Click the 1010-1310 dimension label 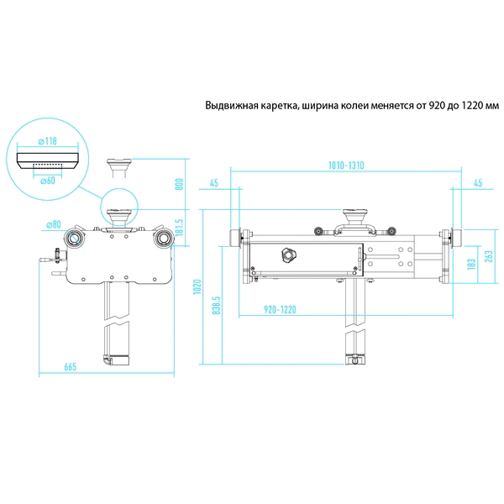[x=346, y=165]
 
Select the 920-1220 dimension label [x=280, y=310]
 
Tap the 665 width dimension [x=70, y=367]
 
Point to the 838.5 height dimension [x=217, y=306]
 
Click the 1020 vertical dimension [x=197, y=286]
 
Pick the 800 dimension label [x=180, y=184]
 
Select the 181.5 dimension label [x=180, y=228]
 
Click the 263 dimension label [x=489, y=256]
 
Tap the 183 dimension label [x=471, y=264]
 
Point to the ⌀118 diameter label [x=48, y=141]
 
